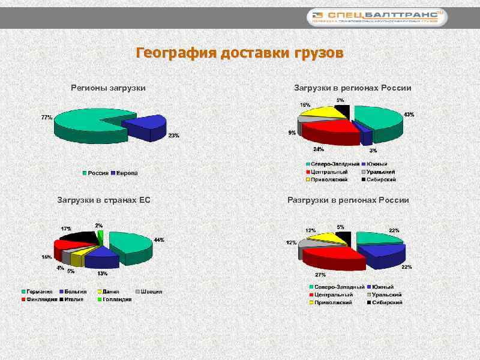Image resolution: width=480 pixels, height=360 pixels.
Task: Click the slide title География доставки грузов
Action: (239, 53)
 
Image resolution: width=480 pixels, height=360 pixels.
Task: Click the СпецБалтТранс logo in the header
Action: (378, 17)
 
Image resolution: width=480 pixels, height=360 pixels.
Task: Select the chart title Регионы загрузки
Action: (109, 88)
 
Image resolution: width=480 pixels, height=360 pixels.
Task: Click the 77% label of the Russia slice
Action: (46, 118)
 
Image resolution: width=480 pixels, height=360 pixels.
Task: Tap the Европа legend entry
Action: (124, 173)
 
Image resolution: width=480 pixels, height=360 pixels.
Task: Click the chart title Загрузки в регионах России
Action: (352, 88)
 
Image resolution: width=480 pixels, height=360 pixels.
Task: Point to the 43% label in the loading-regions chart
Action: (409, 114)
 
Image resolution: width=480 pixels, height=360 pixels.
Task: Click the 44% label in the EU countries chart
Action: (159, 240)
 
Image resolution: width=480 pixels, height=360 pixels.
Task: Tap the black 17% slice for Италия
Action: (78, 237)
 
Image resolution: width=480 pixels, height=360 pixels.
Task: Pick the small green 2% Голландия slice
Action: (100, 236)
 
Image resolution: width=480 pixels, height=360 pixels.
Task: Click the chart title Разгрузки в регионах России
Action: (348, 200)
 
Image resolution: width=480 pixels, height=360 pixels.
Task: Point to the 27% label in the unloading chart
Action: (320, 275)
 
